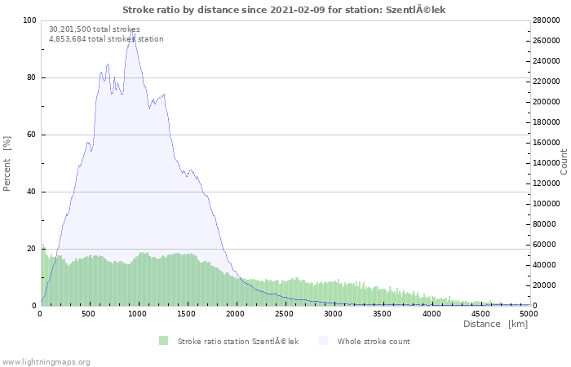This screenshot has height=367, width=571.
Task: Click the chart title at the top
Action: pos(284,10)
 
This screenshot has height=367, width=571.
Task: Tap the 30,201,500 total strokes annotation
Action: pos(95,29)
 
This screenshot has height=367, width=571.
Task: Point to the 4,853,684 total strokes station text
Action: pos(106,39)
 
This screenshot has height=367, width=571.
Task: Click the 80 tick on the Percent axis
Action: pos(31,77)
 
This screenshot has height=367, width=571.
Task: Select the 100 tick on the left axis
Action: pos(29,20)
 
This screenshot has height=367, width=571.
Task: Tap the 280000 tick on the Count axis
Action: pos(547,20)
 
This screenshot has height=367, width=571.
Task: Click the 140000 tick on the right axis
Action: pos(547,163)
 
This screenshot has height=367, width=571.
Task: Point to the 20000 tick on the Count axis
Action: pos(544,285)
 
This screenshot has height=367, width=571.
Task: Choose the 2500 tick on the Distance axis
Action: pos(284,314)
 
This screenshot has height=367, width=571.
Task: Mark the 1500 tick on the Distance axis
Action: pos(187,314)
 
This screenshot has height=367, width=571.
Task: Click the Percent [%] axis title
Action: pos(7,163)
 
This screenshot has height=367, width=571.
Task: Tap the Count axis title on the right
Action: pos(564,162)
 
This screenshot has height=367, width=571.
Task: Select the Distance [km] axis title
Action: pos(495,324)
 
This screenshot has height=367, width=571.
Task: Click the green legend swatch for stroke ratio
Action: pos(163,341)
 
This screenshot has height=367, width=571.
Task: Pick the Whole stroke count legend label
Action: pos(374,342)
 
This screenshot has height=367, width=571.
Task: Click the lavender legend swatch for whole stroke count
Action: pos(323,341)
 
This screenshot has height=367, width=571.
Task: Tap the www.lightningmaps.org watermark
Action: pos(45,362)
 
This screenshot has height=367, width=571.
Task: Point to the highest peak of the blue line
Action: pos(131,29)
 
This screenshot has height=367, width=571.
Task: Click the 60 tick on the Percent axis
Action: pos(31,135)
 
